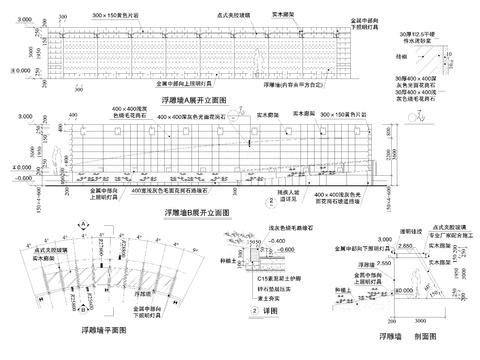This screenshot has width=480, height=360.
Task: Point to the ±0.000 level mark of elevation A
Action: (x=12, y=72)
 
